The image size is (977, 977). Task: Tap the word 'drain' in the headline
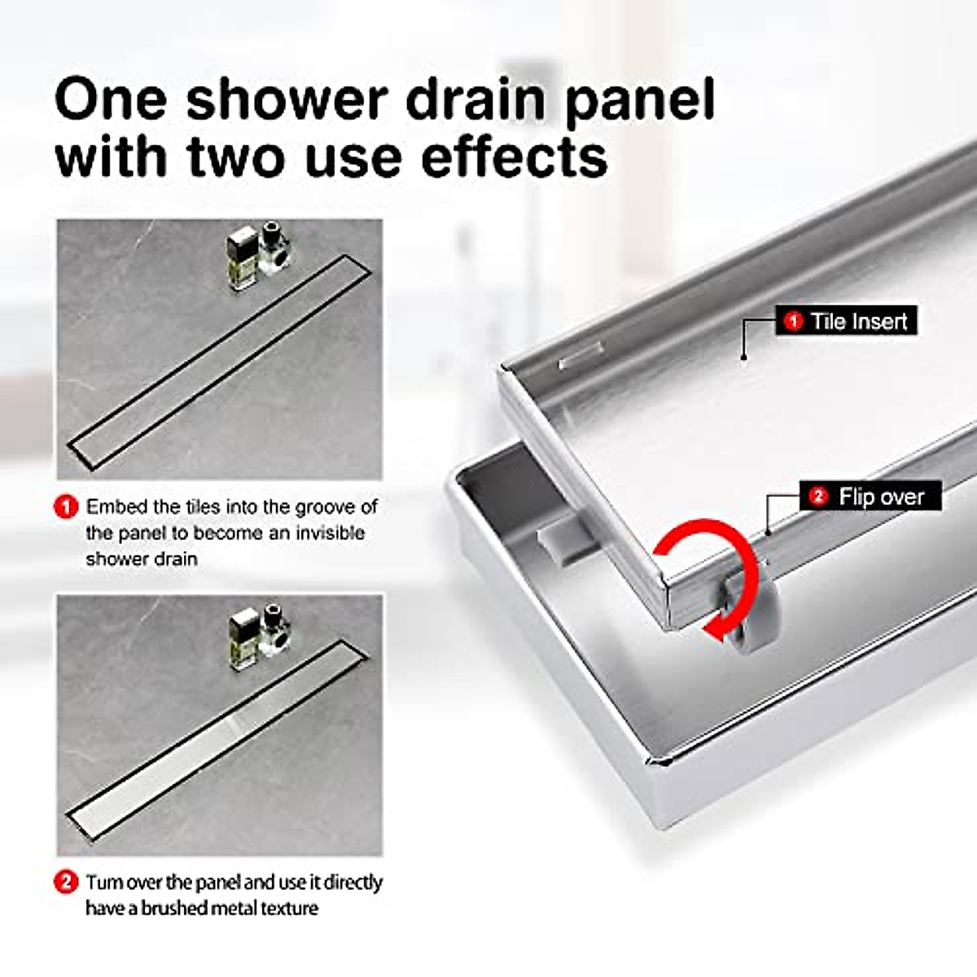click(475, 99)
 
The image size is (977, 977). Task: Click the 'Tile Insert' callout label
click(846, 321)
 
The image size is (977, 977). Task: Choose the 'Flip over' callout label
click(870, 496)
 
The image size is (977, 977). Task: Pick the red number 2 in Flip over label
click(819, 496)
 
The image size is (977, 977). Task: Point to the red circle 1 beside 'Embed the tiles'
click(66, 507)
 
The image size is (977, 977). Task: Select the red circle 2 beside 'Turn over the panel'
click(66, 883)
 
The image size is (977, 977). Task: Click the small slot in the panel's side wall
click(580, 357)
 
